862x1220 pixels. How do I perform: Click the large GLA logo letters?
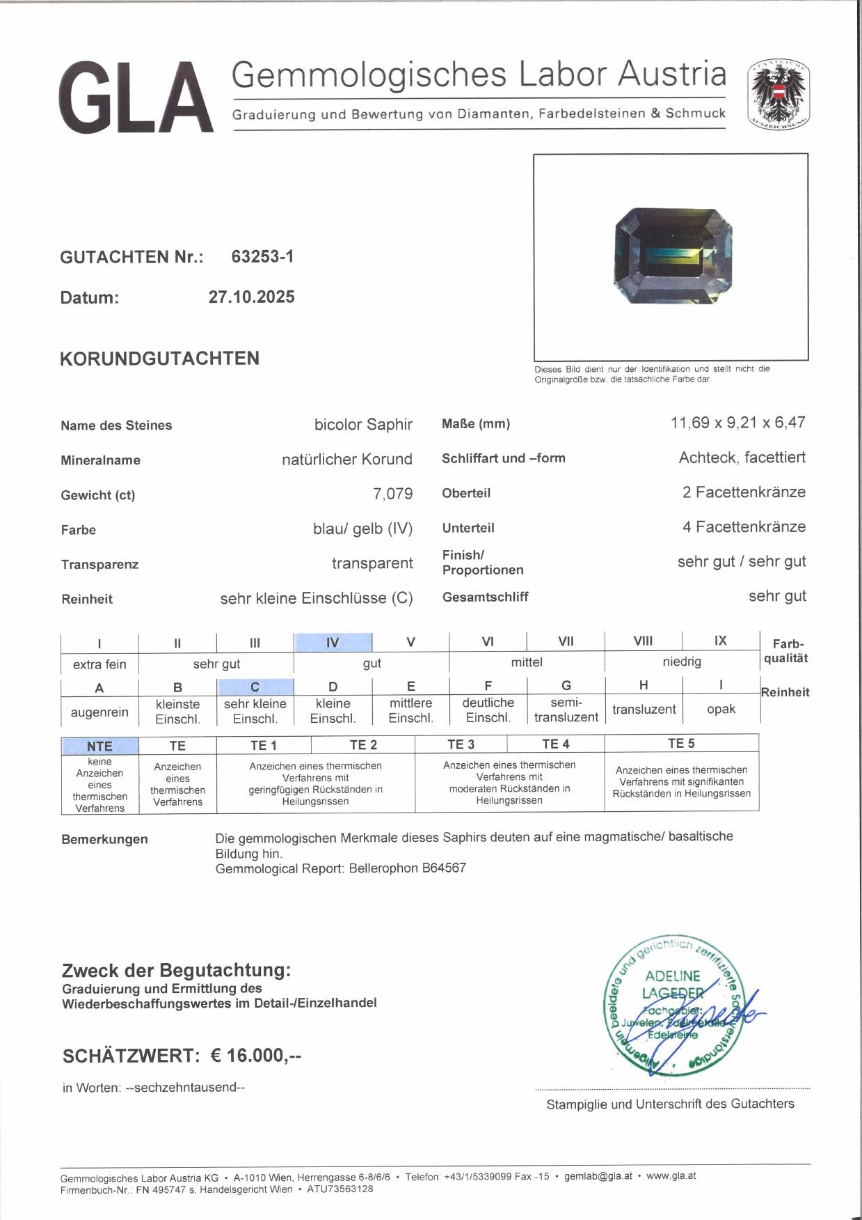click(136, 97)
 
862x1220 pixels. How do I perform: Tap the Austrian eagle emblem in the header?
click(779, 95)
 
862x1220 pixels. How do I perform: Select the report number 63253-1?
click(262, 256)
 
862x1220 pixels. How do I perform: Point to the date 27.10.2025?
click(251, 297)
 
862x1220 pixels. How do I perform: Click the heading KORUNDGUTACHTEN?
click(159, 359)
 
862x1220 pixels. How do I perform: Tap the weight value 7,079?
click(392, 494)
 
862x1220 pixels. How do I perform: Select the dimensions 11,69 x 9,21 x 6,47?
click(737, 423)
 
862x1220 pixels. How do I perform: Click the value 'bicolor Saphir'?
click(363, 425)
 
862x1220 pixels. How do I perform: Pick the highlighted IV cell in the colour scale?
click(333, 642)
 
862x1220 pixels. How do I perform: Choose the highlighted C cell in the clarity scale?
click(255, 687)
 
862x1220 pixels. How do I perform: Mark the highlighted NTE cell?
click(99, 746)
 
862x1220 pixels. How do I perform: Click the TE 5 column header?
click(681, 744)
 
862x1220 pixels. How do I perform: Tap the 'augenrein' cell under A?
click(99, 712)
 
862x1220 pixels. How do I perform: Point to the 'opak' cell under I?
click(721, 709)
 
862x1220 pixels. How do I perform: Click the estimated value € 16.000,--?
click(256, 1056)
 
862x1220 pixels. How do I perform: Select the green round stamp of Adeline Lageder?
click(672, 1005)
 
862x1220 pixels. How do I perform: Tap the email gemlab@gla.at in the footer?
click(598, 1176)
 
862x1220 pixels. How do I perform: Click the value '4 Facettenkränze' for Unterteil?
click(744, 527)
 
